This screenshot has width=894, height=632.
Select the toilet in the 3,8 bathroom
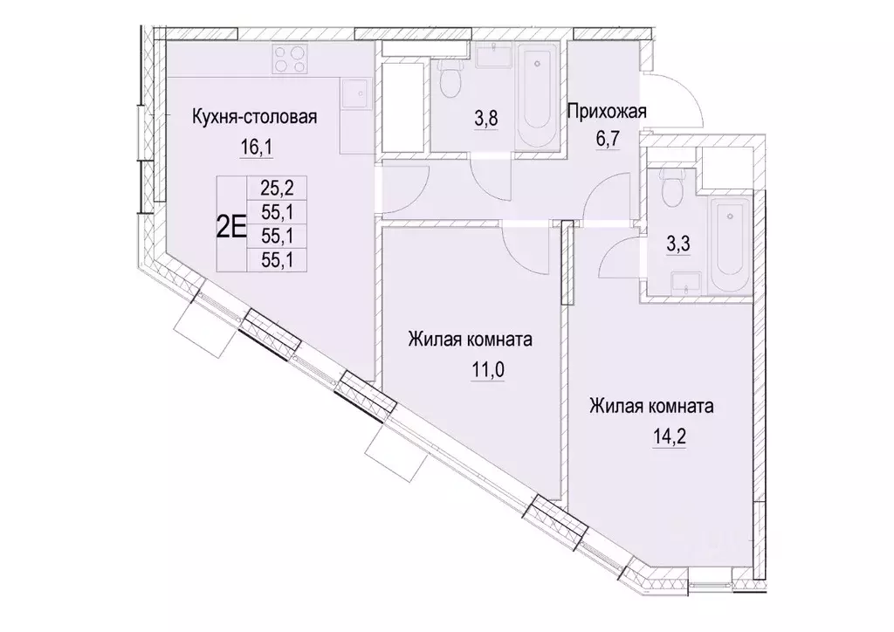(450, 79)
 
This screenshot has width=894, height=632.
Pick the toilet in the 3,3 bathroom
(670, 184)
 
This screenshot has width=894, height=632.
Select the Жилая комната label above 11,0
(470, 340)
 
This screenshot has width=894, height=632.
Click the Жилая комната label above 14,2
(651, 406)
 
